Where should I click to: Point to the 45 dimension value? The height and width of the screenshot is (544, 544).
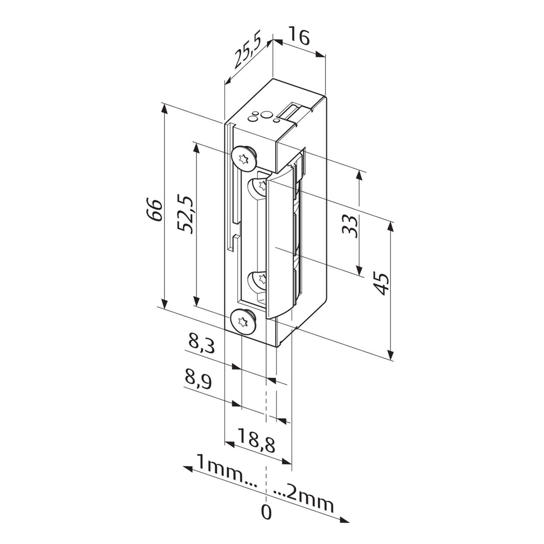pos(381,284)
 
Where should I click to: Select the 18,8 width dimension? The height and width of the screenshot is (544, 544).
pos(256,437)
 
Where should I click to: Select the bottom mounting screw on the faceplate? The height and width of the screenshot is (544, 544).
pos(243,321)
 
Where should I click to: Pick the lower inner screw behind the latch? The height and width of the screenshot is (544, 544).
pos(258,279)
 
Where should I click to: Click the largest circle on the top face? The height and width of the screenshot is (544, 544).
pos(266,115)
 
